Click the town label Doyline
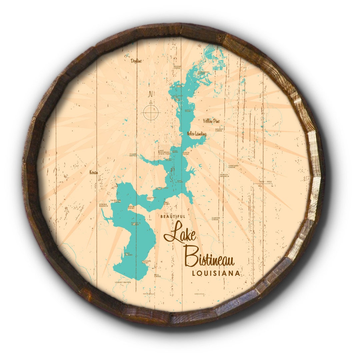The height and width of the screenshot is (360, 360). (136, 61)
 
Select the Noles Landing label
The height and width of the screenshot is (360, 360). (197, 134)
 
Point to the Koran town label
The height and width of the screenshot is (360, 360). (94, 173)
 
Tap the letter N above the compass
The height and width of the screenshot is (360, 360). (151, 93)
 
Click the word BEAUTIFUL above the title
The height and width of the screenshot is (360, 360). (173, 217)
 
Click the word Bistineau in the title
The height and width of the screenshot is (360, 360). (209, 257)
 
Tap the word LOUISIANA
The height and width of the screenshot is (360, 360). (216, 273)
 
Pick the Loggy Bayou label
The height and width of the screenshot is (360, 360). (123, 282)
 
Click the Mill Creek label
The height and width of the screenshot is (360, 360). (157, 275)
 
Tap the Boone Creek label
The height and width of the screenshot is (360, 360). (177, 67)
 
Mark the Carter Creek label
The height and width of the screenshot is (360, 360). (215, 219)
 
